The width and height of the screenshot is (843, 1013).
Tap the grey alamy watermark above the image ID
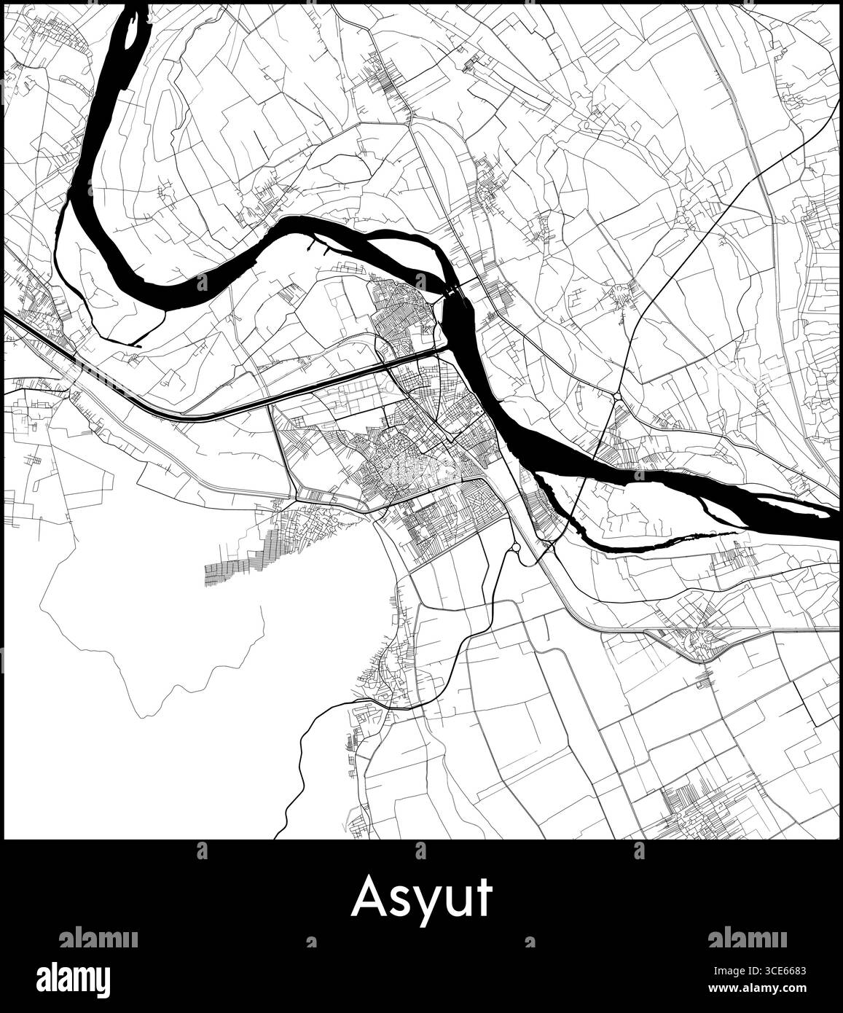click(747, 938)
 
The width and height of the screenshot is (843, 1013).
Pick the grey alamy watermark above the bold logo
click(98, 938)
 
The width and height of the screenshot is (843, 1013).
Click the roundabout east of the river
click(617, 396)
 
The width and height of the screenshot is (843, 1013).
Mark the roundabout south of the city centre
click(515, 547)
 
